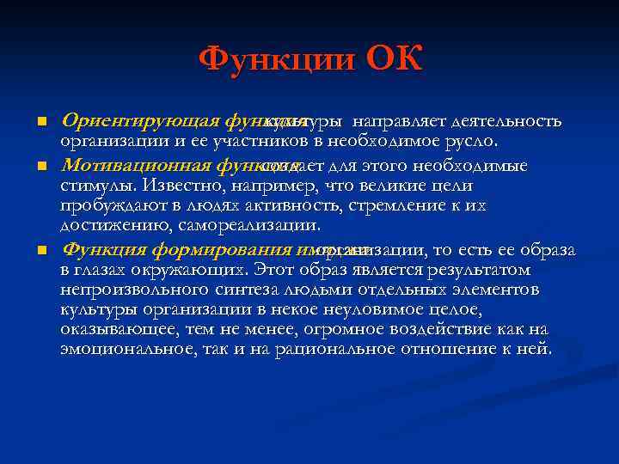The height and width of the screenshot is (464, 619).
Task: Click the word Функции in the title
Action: pyautogui.click(x=276, y=61)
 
